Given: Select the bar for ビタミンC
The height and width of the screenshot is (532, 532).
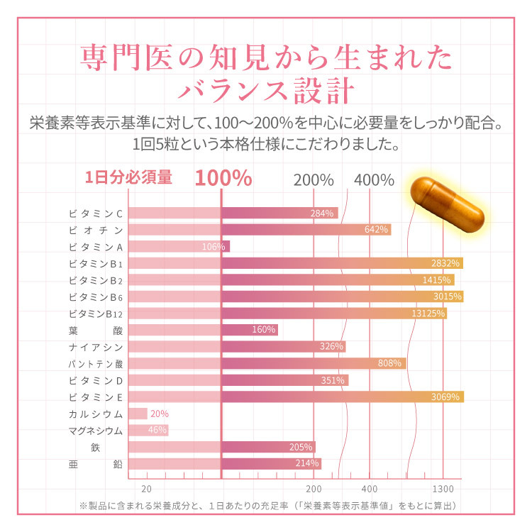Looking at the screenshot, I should pyautogui.click(x=234, y=214).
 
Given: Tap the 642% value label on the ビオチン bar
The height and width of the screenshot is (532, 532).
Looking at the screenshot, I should pyautogui.click(x=376, y=230).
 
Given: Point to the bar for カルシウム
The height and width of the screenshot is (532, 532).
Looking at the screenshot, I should pyautogui.click(x=138, y=414).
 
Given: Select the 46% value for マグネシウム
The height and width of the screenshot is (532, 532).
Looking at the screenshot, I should pyautogui.click(x=157, y=430).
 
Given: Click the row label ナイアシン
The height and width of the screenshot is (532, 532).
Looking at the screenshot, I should pyautogui.click(x=96, y=347).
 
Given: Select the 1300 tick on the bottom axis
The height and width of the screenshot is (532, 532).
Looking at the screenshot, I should pyautogui.click(x=443, y=489).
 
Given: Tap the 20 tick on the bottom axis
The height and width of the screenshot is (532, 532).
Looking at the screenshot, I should pyautogui.click(x=147, y=489).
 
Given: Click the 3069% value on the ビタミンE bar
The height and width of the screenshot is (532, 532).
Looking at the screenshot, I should pyautogui.click(x=446, y=397).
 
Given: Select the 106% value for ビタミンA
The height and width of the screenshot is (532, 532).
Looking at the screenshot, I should pyautogui.click(x=214, y=247).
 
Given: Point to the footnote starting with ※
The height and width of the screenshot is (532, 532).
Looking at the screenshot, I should pyautogui.click(x=266, y=505).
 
